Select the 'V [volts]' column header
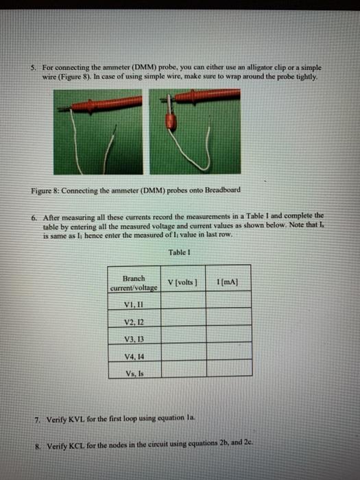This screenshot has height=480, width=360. coord(182,282)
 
